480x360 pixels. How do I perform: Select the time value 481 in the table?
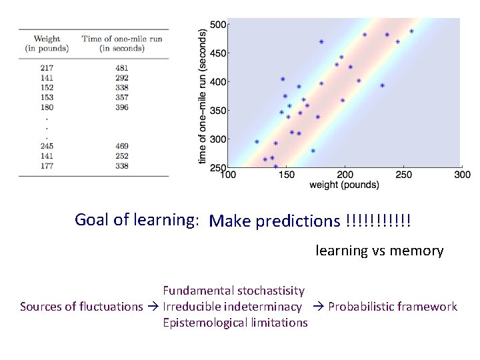(x=121, y=67)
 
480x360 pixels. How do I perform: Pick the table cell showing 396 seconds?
(x=121, y=107)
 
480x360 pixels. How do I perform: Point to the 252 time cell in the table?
(x=121, y=156)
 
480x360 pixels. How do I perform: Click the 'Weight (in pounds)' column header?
(x=47, y=44)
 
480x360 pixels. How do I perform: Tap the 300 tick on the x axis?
(x=462, y=175)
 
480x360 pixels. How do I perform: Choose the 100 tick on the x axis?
(x=228, y=175)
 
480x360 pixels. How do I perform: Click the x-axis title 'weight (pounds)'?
(x=344, y=185)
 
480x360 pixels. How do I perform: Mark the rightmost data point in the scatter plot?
(x=411, y=31)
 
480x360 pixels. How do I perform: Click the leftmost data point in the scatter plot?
(x=257, y=142)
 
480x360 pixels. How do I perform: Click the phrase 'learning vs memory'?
(x=379, y=251)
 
